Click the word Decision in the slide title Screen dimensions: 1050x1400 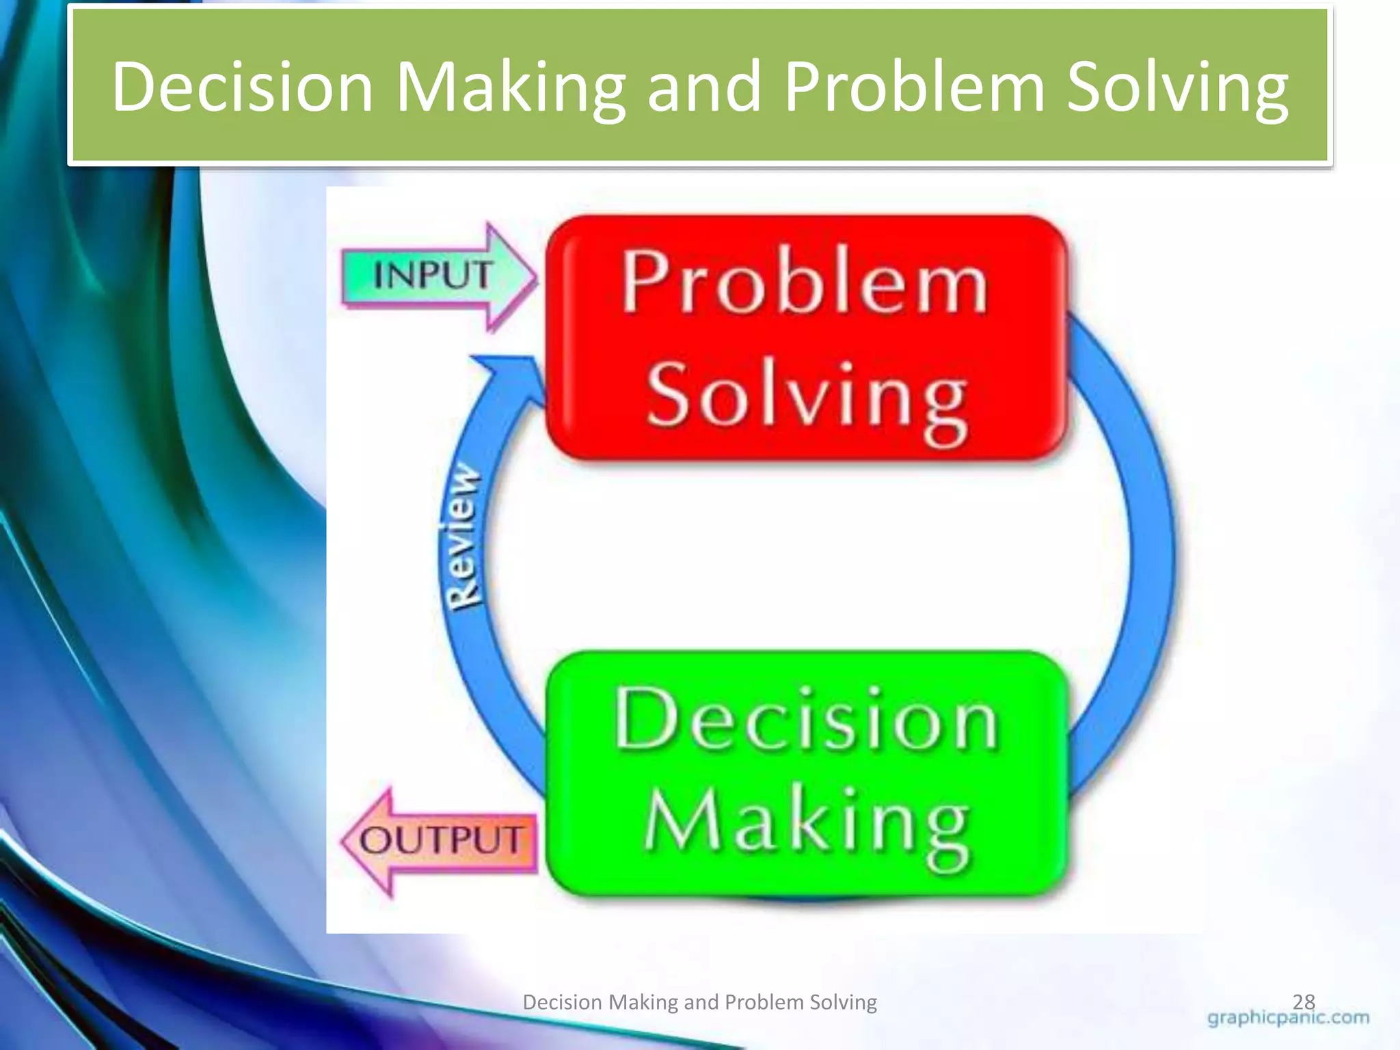click(243, 87)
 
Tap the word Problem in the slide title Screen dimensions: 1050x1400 click(915, 87)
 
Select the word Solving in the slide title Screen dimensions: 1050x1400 click(1177, 87)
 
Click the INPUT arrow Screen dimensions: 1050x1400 click(437, 276)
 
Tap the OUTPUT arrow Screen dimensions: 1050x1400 click(441, 841)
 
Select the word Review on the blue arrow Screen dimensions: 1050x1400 click(461, 536)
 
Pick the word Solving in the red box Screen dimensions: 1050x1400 click(807, 396)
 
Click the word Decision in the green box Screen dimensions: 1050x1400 click(807, 719)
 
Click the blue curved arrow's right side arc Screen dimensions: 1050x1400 click(1148, 547)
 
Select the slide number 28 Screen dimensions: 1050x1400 click(1304, 1002)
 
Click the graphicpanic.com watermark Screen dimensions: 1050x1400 click(1288, 1018)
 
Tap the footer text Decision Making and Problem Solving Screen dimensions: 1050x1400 click(699, 1002)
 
